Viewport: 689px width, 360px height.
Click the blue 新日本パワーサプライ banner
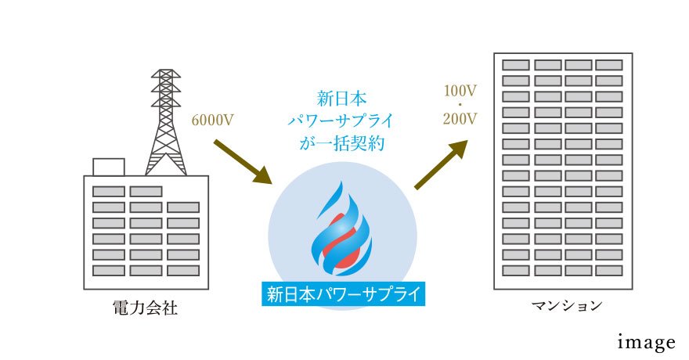point(343,295)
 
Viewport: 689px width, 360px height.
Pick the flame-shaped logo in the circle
point(342,232)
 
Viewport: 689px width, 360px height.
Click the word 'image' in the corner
point(646,342)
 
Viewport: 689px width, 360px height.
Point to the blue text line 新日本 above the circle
point(343,99)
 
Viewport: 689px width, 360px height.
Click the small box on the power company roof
point(108,167)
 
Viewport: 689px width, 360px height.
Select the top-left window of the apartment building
point(515,65)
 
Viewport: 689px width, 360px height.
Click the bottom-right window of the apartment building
point(608,270)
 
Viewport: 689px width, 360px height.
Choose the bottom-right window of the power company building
point(182,270)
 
